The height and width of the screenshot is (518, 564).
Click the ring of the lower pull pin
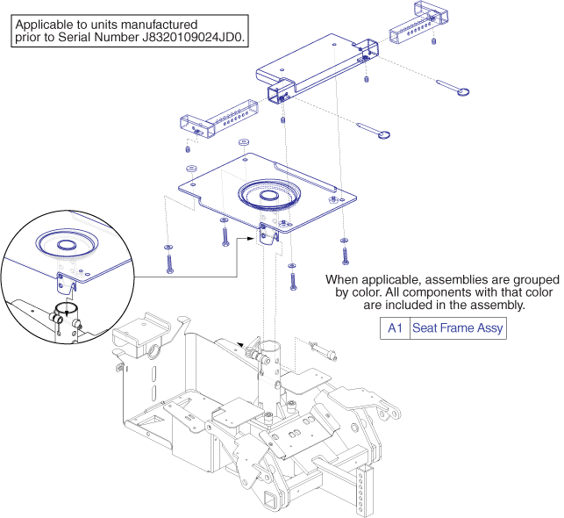pyautogui.click(x=383, y=134)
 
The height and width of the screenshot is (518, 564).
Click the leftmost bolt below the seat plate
pyautogui.click(x=168, y=261)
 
